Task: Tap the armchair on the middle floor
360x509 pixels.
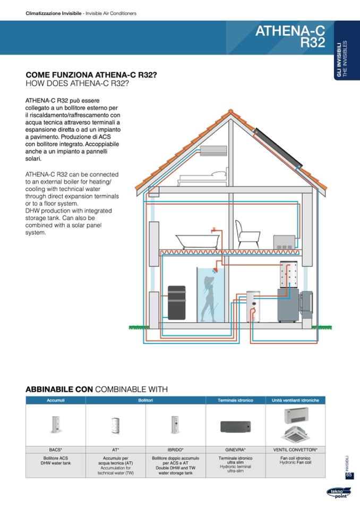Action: (245, 234)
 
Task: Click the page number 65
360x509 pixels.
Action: (349, 475)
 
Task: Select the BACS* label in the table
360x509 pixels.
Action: (56, 450)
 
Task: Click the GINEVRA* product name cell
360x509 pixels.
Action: (235, 450)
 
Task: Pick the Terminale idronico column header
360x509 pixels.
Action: (235, 400)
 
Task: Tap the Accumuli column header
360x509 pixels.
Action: (56, 400)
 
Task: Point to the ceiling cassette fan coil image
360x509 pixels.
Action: (295, 435)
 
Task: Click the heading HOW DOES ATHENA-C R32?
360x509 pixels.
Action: (78, 84)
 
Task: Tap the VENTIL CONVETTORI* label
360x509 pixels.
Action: (295, 450)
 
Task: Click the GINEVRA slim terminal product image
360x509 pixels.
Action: (235, 427)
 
